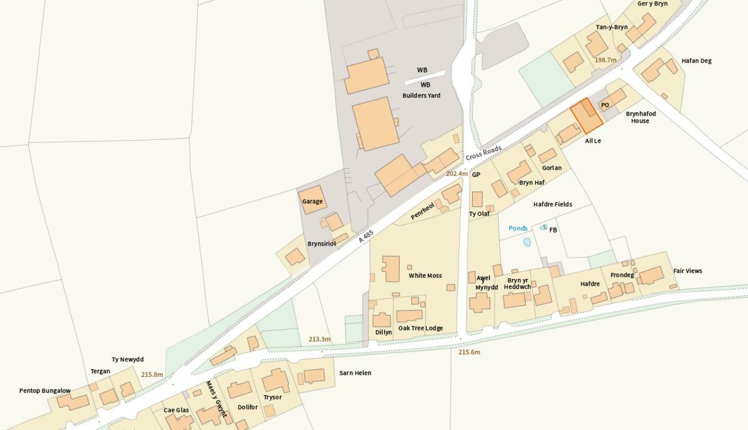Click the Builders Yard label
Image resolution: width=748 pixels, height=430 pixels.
pyautogui.click(x=421, y=96)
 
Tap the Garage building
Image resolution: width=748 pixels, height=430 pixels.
pyautogui.click(x=312, y=200)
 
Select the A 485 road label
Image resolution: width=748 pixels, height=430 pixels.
pyautogui.click(x=366, y=236)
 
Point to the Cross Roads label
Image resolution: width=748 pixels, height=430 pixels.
pyautogui.click(x=483, y=153)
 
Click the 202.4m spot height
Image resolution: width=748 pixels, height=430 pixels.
pyautogui.click(x=457, y=174)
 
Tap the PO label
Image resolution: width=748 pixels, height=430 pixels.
pyautogui.click(x=605, y=105)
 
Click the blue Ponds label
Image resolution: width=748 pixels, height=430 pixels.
pyautogui.click(x=518, y=228)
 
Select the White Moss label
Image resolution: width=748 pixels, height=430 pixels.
pyautogui.click(x=425, y=276)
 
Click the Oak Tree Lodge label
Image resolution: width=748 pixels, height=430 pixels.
pyautogui.click(x=420, y=328)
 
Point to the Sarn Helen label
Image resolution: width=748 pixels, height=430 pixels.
pyautogui.click(x=355, y=373)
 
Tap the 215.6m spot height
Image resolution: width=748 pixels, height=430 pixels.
pyautogui.click(x=469, y=352)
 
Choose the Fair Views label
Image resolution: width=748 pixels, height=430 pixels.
pyautogui.click(x=688, y=271)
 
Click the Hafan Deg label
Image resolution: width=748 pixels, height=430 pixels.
pyautogui.click(x=697, y=61)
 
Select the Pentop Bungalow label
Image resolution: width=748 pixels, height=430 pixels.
pyautogui.click(x=45, y=391)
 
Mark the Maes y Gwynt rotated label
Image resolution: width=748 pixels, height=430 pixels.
pyautogui.click(x=216, y=398)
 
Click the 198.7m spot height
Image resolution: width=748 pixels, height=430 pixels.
pyautogui.click(x=605, y=60)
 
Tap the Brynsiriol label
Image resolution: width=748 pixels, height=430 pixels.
pyautogui.click(x=322, y=244)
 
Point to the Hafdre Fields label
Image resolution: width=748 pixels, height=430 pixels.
pyautogui.click(x=552, y=204)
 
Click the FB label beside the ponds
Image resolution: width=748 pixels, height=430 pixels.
pyautogui.click(x=553, y=230)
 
